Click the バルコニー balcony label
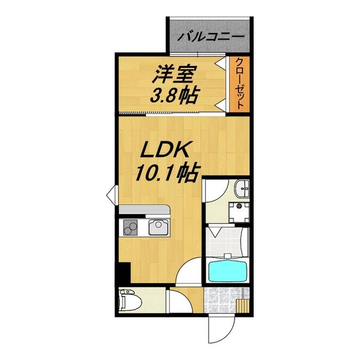pyautogui.click(x=209, y=35)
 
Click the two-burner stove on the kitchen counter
pyautogui.click(x=131, y=228)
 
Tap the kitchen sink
pyautogui.click(x=158, y=227)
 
